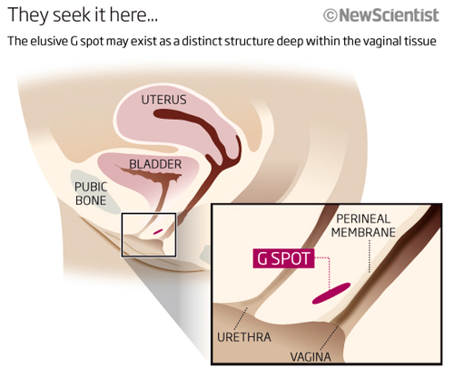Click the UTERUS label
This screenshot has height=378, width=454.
pos(163,100)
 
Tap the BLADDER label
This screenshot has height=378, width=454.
pos(155,164)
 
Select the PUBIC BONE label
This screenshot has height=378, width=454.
pos(91,193)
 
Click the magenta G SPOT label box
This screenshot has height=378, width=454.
pos(283,258)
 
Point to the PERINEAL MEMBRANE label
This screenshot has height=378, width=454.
pos(363,226)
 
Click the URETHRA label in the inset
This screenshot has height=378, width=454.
pos(244,337)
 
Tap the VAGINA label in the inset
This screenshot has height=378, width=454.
pos(311,357)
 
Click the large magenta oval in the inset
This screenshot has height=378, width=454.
pos(331,293)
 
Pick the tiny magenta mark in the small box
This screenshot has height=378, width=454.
pos(158,232)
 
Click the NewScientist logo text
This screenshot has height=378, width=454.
pos(389,15)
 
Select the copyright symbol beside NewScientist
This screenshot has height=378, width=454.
pos(331,15)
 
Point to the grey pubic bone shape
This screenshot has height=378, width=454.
pos(94,192)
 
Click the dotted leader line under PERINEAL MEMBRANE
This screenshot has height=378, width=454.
pos(370,257)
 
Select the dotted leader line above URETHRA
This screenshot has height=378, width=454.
pos(241,319)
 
